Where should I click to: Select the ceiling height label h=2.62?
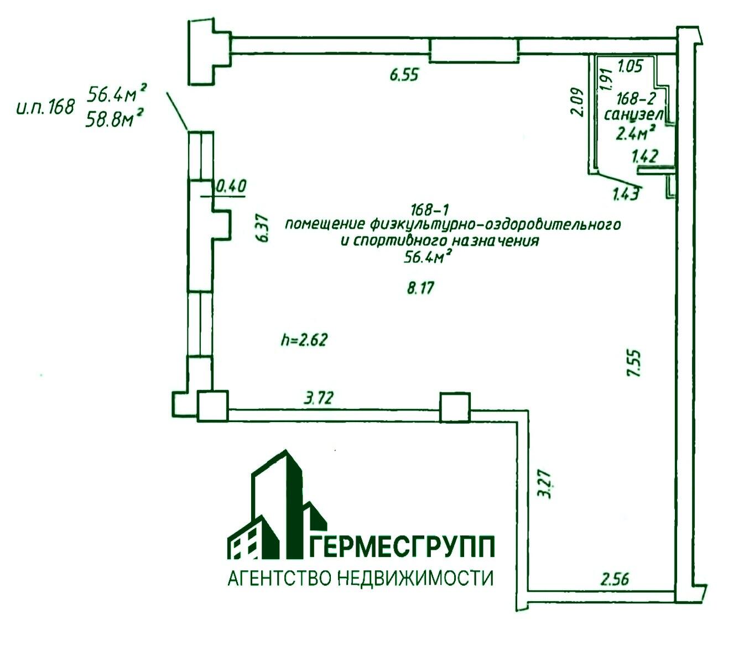pos(304,339)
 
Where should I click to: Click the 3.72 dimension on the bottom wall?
pos(319,398)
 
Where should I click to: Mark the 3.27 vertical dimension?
pos(545,484)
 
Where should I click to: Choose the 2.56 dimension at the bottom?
pos(615,580)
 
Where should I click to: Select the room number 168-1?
pos(431,209)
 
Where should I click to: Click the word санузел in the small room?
pos(633,115)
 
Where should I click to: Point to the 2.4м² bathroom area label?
pos(636,132)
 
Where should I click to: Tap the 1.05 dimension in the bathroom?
pos(630,67)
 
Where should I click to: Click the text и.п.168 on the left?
pos(45,107)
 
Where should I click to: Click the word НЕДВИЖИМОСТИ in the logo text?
pos(413,578)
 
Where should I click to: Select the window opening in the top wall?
pos(474,50)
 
